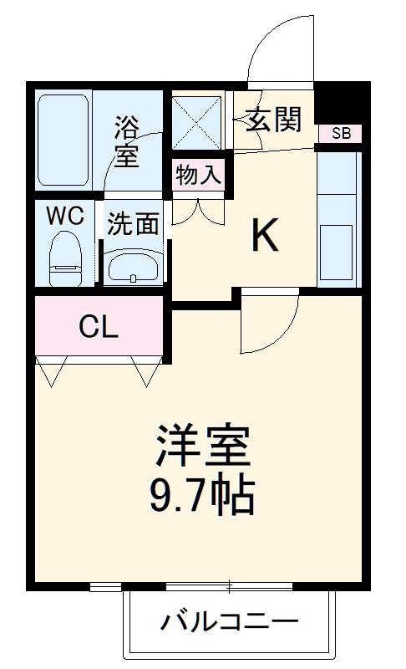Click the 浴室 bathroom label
[x=126, y=140]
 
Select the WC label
[x=64, y=216]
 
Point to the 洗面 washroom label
[x=133, y=223]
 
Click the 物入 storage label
[x=198, y=176]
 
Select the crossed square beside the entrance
[x=197, y=122]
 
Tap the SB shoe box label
[x=341, y=133]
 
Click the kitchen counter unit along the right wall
[x=337, y=217]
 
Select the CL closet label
[x=99, y=327]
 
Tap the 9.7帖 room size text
[x=202, y=495]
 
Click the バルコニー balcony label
[x=229, y=622]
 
